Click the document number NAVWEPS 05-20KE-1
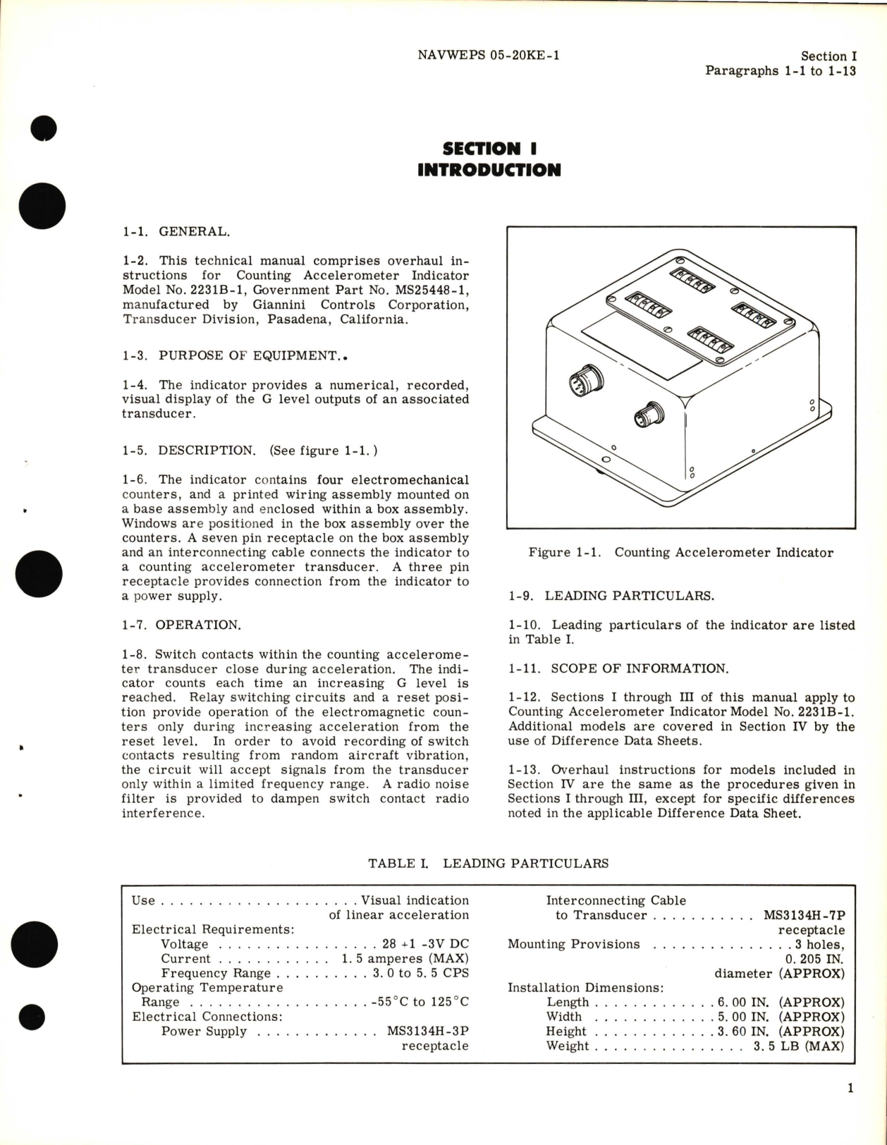click(488, 55)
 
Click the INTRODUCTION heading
click(489, 170)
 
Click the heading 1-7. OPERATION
click(181, 625)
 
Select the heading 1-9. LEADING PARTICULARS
click(611, 596)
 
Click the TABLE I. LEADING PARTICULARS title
click(488, 863)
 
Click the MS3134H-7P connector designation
click(804, 915)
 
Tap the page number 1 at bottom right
click(850, 1089)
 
